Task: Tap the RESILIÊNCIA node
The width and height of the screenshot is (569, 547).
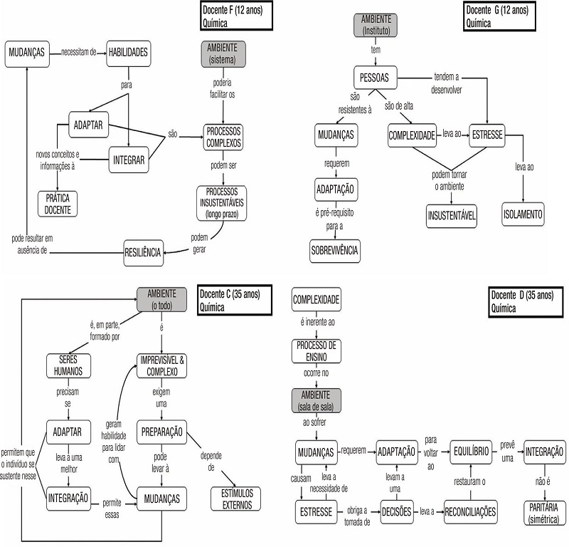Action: point(144,252)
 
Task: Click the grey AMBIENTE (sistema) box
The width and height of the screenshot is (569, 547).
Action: point(224,53)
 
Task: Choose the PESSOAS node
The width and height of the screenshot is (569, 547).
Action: point(375,78)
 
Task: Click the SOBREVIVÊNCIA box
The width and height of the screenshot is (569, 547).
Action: point(334,250)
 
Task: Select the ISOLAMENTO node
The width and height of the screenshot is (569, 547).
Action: point(523,214)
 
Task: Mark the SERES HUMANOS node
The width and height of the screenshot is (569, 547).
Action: point(68,365)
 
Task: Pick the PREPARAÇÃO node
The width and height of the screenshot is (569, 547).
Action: point(162,432)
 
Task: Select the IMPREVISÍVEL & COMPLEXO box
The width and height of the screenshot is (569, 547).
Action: point(162,365)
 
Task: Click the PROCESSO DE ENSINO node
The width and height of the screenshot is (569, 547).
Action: point(317,350)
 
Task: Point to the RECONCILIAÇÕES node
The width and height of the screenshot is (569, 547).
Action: point(469,511)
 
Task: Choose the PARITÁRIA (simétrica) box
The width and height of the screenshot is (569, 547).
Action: point(544,511)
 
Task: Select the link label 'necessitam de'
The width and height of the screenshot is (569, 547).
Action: point(78,51)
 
